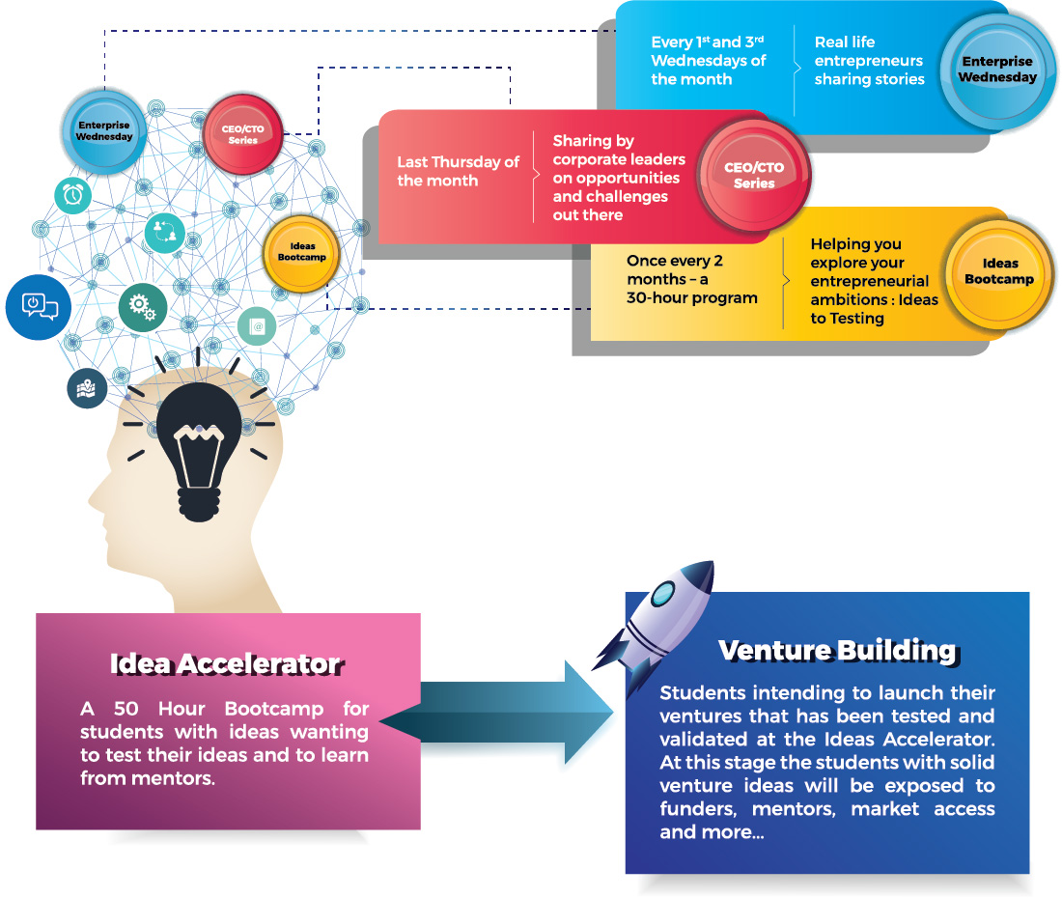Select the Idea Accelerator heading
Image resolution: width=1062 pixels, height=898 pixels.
click(225, 664)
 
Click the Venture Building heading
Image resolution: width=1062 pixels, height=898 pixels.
click(837, 651)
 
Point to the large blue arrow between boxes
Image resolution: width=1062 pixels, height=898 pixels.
click(498, 714)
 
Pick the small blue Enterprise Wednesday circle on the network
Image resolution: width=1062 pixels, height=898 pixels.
click(103, 131)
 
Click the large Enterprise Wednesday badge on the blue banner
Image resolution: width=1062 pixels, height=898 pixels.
click(996, 70)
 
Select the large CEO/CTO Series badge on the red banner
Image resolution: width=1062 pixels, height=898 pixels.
click(753, 176)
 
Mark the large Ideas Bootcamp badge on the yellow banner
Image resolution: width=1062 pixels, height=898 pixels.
click(999, 271)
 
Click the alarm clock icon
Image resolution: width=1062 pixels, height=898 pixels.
click(72, 195)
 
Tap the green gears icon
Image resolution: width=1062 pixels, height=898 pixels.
click(143, 308)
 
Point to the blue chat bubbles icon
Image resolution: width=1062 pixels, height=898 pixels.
click(40, 307)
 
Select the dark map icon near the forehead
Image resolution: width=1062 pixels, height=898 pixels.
click(87, 388)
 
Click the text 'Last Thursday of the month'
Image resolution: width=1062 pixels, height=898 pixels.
click(458, 172)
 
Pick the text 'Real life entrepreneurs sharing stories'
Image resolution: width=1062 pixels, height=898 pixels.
click(869, 61)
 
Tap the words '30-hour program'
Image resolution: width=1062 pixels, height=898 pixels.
click(691, 297)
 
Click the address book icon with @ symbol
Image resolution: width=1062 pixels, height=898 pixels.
click(257, 326)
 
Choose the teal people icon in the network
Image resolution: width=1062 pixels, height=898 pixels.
click(164, 233)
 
